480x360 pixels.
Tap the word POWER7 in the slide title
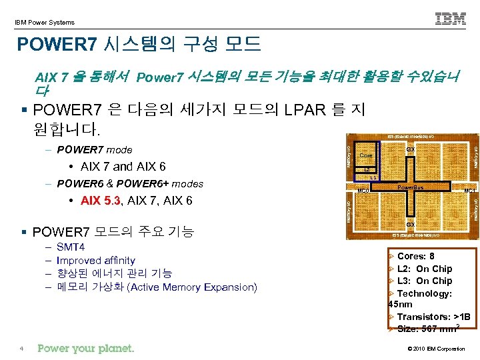coord(57,45)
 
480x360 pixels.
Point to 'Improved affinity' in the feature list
coord(96,261)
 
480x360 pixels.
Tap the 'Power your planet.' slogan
coord(86,348)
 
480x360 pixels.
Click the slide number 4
coord(22,349)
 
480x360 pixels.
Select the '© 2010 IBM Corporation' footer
coord(436,349)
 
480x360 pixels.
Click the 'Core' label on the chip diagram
coord(366,156)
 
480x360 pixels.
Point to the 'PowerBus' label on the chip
coord(410,187)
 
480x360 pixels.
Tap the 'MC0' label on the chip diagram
coord(363,191)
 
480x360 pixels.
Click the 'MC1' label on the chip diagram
coord(469,191)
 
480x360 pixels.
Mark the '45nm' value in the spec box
coord(400,305)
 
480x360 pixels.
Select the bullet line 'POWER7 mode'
coord(95,149)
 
